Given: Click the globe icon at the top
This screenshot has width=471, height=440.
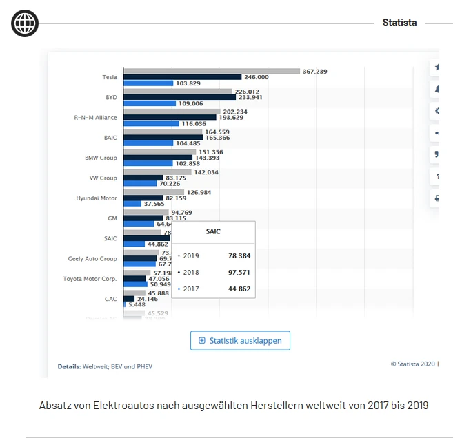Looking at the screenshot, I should (25, 24).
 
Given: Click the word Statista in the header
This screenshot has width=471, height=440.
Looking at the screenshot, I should (399, 23).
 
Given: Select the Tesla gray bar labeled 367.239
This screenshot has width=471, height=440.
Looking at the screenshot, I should (212, 71).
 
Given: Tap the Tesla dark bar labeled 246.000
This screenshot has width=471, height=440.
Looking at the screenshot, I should (182, 77).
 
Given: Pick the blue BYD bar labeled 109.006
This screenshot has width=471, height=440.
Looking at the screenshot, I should (148, 103).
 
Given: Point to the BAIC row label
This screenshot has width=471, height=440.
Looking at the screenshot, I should (110, 138).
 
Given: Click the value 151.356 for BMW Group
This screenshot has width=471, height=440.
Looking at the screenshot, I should (210, 152).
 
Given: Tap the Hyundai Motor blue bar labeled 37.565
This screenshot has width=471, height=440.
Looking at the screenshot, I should (132, 204).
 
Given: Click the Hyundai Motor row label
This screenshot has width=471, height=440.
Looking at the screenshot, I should (97, 198).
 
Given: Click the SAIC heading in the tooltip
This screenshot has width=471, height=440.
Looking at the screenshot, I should (213, 231).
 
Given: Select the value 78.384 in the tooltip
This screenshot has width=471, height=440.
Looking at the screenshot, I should (239, 255).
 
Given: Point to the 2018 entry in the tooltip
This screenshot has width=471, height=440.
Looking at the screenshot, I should (190, 272).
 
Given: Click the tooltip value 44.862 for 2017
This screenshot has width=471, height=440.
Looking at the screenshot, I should (239, 289).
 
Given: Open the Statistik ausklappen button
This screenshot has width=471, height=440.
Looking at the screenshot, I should (240, 340).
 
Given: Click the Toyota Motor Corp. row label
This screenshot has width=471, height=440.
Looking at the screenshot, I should (90, 279).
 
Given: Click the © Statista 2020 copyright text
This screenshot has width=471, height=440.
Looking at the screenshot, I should (412, 364).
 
